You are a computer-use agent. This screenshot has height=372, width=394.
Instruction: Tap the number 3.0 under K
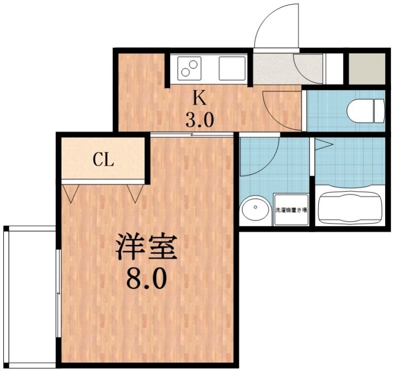coord(199,120)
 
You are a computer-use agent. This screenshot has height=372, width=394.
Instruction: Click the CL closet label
coord(104,160)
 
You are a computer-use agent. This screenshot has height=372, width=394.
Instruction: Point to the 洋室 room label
coord(146,248)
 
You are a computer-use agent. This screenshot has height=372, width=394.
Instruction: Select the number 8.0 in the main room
coord(146,280)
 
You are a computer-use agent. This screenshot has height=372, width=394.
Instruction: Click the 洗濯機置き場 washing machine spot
coord(291,211)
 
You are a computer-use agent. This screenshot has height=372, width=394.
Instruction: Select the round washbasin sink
coord(256,210)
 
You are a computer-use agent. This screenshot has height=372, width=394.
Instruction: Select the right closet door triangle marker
coord(134,193)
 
